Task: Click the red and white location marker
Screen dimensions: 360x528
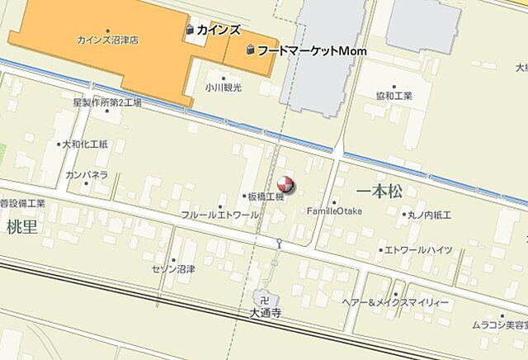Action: (285, 184)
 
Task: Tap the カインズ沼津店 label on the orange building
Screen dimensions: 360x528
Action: (107, 40)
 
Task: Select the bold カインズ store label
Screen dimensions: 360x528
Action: (219, 30)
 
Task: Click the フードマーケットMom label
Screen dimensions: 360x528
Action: (311, 50)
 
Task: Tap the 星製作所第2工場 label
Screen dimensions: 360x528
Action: (106, 102)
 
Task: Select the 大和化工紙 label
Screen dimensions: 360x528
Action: (86, 144)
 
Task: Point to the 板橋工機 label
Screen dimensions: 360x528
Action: (266, 197)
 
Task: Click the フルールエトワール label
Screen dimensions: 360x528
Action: (219, 215)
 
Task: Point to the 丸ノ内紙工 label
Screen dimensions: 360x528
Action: (429, 215)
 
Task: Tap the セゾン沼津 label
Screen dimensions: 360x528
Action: (173, 269)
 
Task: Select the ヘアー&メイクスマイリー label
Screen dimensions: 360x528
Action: (396, 303)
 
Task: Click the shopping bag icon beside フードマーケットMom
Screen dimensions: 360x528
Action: (250, 51)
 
